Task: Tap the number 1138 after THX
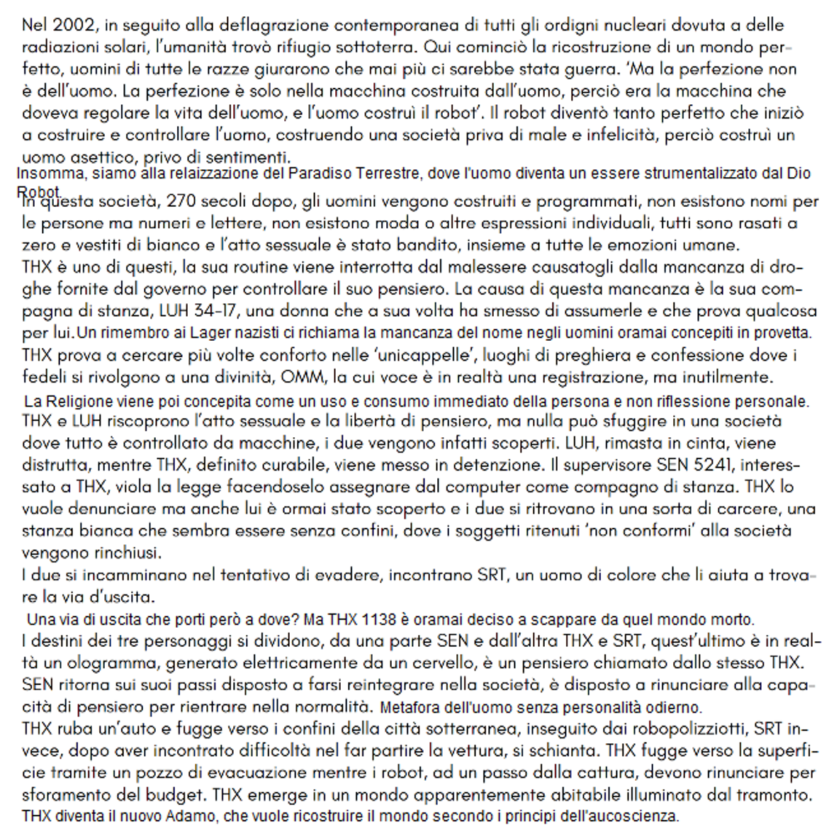pyautogui.click(x=379, y=620)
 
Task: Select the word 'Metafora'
pyautogui.click(x=410, y=708)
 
